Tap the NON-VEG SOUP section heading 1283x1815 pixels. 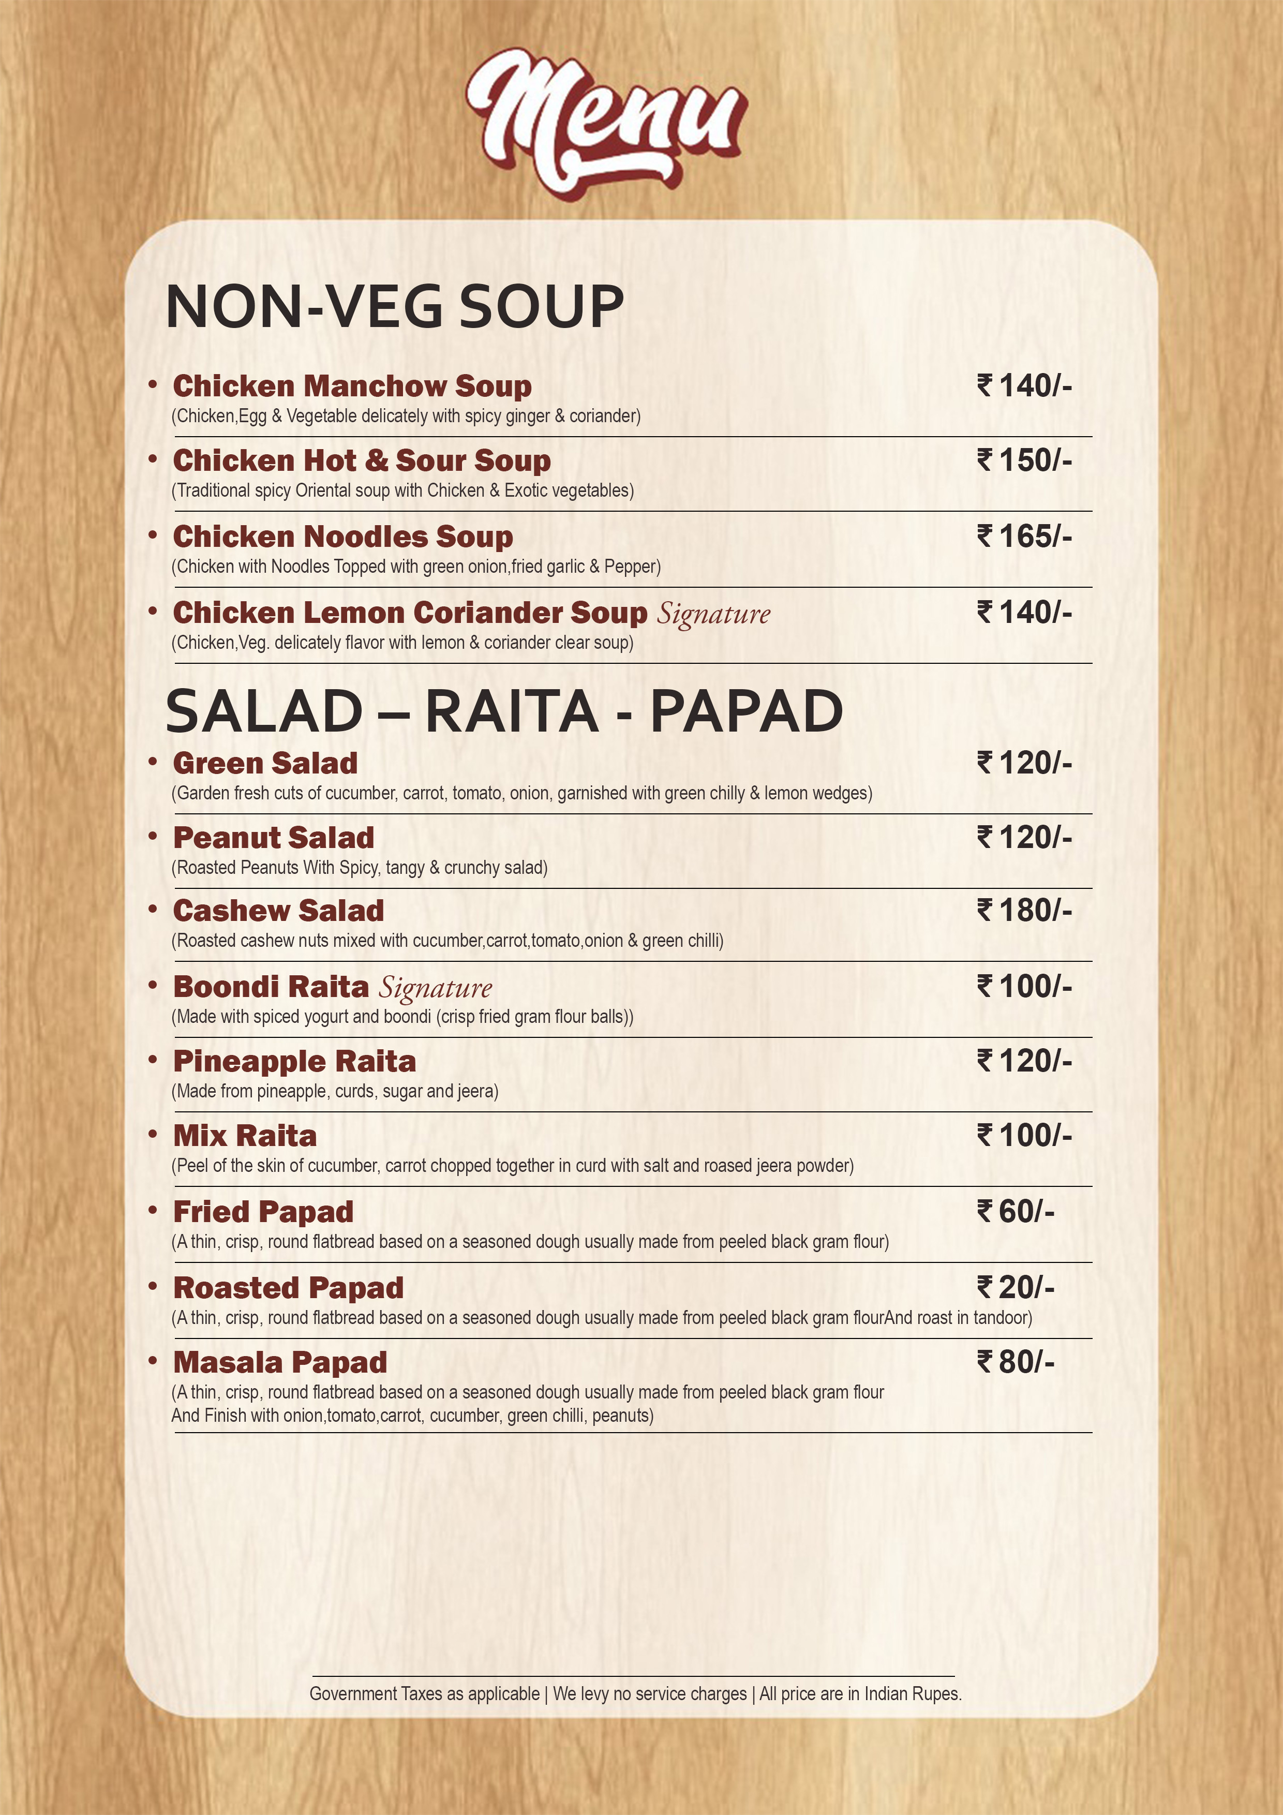(394, 307)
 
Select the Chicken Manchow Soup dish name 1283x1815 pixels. (352, 386)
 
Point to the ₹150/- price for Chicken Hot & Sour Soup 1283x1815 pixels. (1024, 460)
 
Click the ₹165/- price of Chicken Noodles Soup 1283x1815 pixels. (1024, 536)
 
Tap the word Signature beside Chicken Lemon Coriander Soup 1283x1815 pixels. (714, 614)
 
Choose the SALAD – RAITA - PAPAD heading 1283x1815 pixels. (503, 711)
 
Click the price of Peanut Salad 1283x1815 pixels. (1024, 837)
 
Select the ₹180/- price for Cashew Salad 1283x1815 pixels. (1024, 911)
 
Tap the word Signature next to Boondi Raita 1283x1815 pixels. (436, 987)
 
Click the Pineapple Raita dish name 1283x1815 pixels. (294, 1061)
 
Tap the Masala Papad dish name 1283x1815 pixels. (280, 1362)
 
